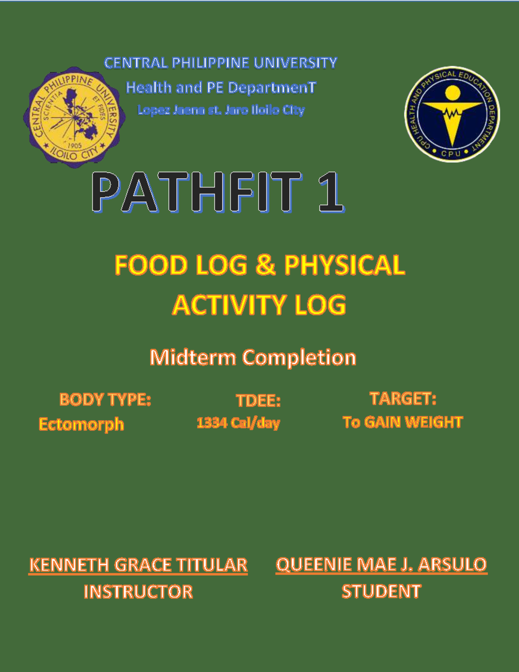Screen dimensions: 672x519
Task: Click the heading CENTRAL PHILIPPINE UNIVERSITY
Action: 221,63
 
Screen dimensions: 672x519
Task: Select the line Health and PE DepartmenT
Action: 221,88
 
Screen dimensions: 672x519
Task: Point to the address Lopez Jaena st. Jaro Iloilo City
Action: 221,110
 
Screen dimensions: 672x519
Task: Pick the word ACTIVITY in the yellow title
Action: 229,305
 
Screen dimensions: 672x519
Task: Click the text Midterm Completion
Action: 253,357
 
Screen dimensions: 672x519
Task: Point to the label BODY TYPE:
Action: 105,399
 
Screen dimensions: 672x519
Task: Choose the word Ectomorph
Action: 81,424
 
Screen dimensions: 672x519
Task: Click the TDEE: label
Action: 258,400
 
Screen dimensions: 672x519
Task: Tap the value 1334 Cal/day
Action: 238,423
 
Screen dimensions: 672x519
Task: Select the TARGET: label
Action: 403,399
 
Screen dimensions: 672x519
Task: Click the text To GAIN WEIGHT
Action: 403,422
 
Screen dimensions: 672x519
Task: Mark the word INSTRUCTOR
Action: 138,592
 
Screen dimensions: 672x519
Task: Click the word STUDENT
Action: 381,591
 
